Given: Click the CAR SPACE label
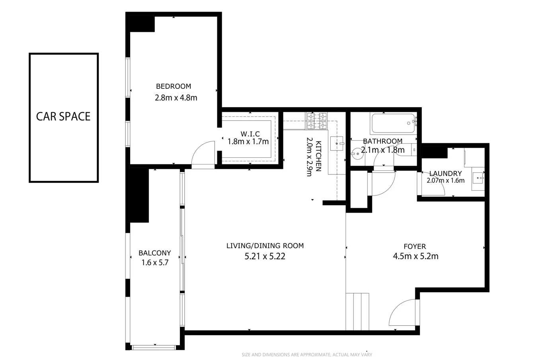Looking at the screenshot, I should [x=63, y=116].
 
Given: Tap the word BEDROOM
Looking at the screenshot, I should [x=173, y=86].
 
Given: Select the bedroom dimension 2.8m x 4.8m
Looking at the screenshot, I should [x=176, y=98].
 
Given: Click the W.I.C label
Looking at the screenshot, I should [x=250, y=134].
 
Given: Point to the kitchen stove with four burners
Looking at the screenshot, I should [x=317, y=121].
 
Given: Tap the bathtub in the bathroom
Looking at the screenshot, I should [x=394, y=124].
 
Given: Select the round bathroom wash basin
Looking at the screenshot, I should [x=357, y=153].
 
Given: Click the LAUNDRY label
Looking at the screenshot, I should [x=445, y=174].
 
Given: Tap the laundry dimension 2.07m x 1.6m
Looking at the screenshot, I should [x=445, y=180].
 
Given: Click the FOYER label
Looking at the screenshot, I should [x=414, y=247].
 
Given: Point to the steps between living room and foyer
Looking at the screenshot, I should [x=357, y=311].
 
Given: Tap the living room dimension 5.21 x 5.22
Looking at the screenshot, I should [x=265, y=256].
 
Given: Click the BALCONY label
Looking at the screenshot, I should [x=154, y=253].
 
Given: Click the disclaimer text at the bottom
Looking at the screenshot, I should [x=306, y=354].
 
